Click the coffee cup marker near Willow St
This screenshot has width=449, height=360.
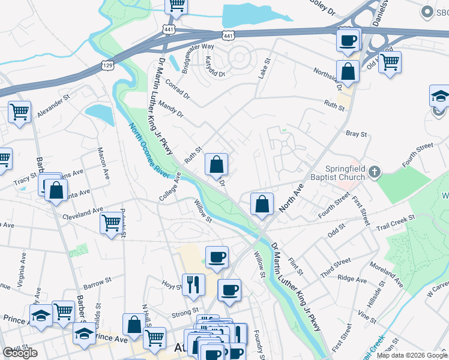(217, 256)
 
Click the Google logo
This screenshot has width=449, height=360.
(20, 353)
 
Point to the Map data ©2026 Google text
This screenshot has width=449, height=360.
(412, 355)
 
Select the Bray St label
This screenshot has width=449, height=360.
(355, 134)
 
